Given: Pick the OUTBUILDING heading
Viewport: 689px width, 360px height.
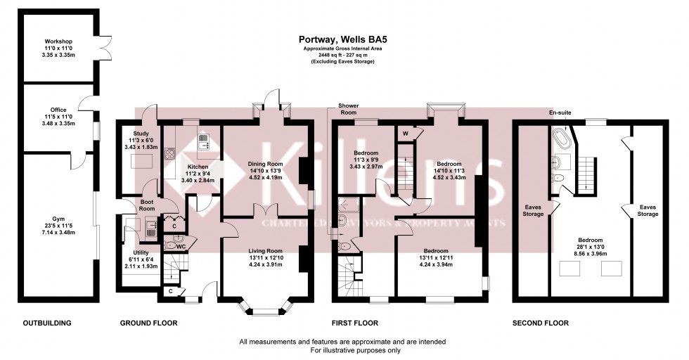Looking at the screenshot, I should point(48,323).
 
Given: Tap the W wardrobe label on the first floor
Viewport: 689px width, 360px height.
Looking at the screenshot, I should point(406,133).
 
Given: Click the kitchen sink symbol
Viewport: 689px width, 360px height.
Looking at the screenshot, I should point(202,142).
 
